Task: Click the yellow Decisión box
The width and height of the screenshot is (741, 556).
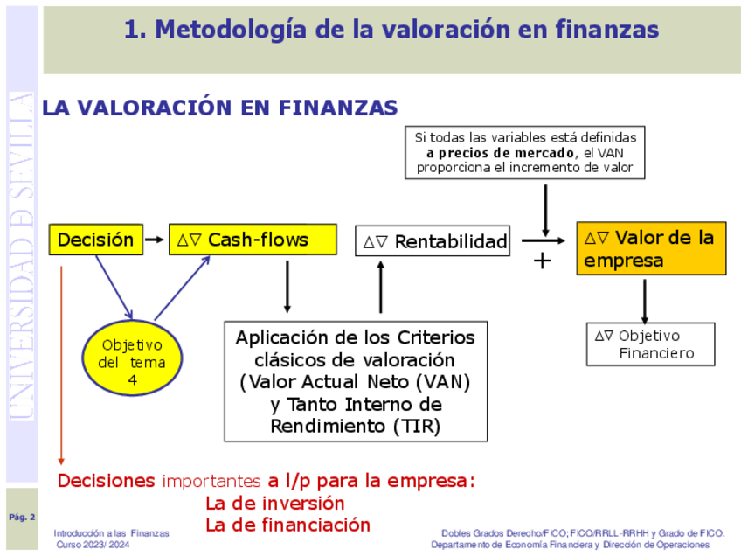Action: point(96,240)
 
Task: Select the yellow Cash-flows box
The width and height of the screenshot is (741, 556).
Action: point(252,240)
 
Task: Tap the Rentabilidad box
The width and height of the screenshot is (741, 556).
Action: point(433,241)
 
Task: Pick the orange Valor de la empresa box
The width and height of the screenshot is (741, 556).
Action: point(650,248)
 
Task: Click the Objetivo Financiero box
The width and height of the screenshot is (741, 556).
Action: point(650,344)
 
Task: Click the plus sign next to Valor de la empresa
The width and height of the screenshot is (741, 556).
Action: point(543,260)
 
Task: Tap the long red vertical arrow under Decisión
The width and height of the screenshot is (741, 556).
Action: point(61,367)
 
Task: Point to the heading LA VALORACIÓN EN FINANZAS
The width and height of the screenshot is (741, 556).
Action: point(220,108)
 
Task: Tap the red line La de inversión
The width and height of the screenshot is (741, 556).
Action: point(274,504)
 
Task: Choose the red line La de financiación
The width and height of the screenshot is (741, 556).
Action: point(287,525)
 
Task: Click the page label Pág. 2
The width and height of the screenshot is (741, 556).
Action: point(22,518)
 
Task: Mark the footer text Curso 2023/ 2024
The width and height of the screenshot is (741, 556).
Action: point(93,545)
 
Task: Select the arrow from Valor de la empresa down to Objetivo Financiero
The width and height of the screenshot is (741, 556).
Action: point(645,301)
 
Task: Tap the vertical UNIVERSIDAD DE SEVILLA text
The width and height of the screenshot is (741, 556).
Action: point(22,254)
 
